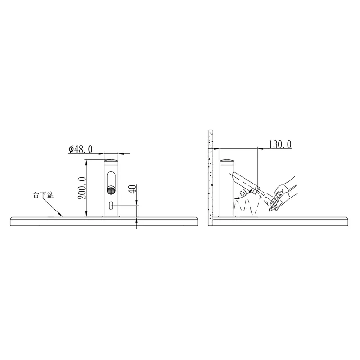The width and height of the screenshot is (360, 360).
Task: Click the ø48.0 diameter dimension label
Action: [x=81, y=149]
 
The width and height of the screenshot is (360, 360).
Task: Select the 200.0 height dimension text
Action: [x=82, y=188]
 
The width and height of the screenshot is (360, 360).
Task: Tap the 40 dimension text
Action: [x=133, y=189]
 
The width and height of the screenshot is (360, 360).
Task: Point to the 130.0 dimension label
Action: [x=280, y=144]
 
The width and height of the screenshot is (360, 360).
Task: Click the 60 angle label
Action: [x=243, y=193]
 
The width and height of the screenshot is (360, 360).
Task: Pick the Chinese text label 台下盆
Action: [x=43, y=195]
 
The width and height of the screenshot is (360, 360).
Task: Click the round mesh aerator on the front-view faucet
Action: [x=111, y=190]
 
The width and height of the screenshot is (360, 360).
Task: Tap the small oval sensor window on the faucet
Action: [x=111, y=206]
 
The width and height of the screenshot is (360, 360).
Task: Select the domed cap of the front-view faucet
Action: [x=111, y=160]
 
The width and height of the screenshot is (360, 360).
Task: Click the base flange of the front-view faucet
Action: [x=111, y=216]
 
